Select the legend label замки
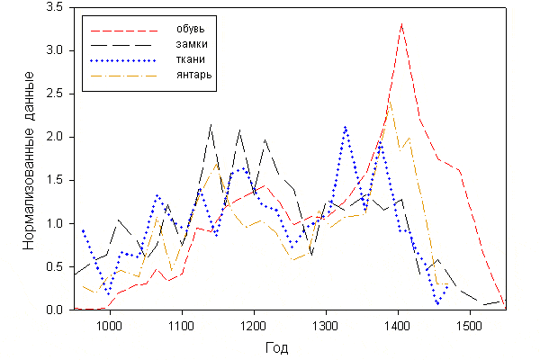coord(192,42)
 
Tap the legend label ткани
coord(190,58)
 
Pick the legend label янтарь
coord(194,75)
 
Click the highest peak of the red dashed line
coord(401,23)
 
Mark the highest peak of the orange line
coord(389,103)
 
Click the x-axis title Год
coord(277,347)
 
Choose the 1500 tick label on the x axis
coord(468,324)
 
